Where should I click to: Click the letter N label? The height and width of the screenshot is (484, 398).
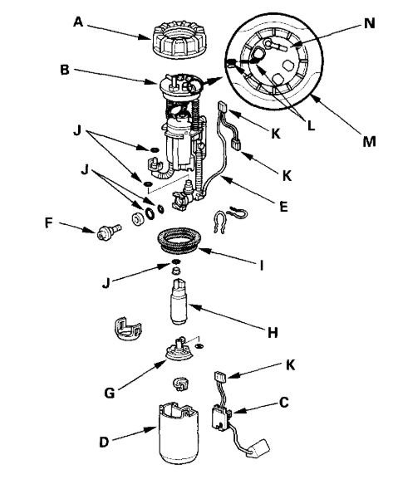(368, 24)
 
